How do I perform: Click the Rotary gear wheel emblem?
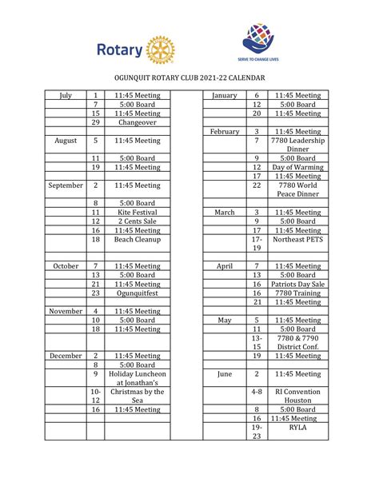tap(161, 52)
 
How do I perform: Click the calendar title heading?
tap(189, 78)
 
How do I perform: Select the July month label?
tap(66, 96)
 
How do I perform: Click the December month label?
tap(66, 356)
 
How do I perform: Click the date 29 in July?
tap(95, 122)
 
